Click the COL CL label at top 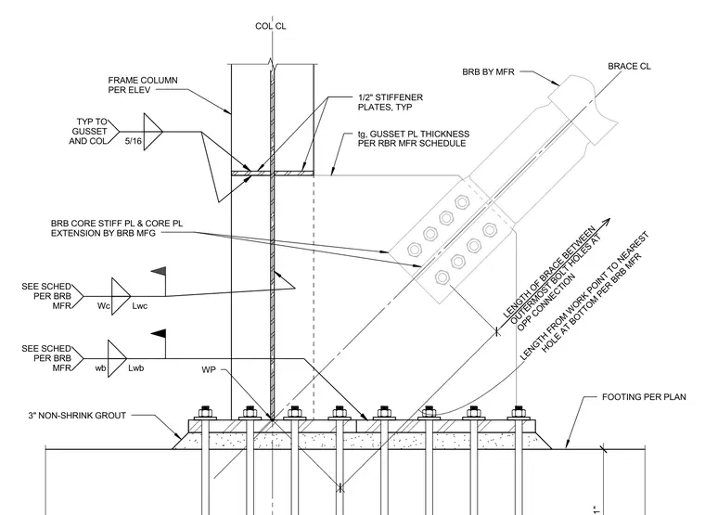(x=271, y=27)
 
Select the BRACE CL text (x=629, y=67)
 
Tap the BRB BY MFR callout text (x=488, y=72)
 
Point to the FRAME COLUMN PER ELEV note (x=143, y=85)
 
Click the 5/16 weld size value (x=133, y=141)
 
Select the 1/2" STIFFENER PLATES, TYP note (x=391, y=103)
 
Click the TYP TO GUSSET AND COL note (x=88, y=132)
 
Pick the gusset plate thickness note (x=414, y=138)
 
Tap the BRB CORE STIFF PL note (x=117, y=228)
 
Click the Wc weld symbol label (x=103, y=306)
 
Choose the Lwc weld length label (x=140, y=306)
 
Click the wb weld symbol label (x=100, y=367)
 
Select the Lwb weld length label (x=136, y=367)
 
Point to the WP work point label (x=209, y=369)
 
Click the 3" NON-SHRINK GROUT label (x=77, y=416)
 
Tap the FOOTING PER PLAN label (x=644, y=397)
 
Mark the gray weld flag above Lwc (x=159, y=271)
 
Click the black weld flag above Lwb (x=159, y=333)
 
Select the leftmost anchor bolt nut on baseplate (x=206, y=412)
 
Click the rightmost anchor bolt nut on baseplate (x=519, y=412)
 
